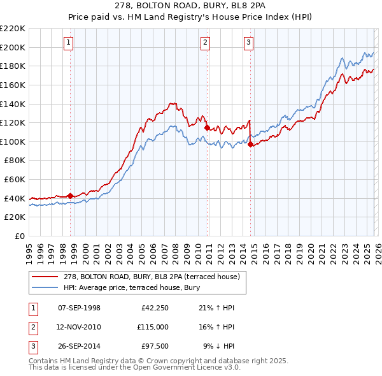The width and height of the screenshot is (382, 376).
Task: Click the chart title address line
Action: pyautogui.click(x=190, y=6)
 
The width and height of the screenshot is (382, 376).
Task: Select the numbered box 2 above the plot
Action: pyautogui.click(x=206, y=43)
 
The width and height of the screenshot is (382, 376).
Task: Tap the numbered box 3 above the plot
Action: pyautogui.click(x=249, y=43)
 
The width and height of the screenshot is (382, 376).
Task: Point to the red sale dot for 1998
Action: pyautogui.click(x=70, y=196)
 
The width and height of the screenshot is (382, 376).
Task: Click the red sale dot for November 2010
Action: pyautogui.click(x=207, y=127)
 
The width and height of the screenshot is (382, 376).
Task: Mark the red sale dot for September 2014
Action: pyautogui.click(x=250, y=144)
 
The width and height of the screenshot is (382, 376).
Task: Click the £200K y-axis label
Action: pyautogui.click(x=13, y=47)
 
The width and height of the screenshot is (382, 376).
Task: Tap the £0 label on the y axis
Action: pyautogui.click(x=20, y=236)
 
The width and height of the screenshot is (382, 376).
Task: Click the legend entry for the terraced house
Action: pyautogui.click(x=151, y=277)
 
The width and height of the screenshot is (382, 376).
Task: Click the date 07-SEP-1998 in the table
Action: pyautogui.click(x=79, y=308)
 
